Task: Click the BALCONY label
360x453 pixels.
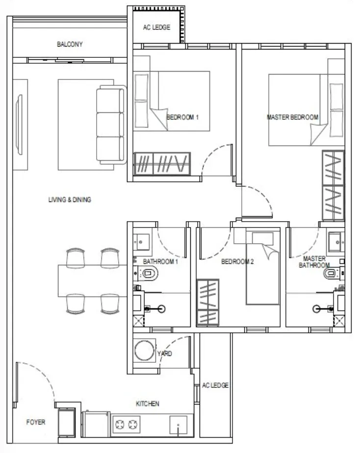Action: [70, 44]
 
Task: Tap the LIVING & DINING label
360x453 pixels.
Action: [70, 200]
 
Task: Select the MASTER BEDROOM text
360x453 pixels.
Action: [292, 117]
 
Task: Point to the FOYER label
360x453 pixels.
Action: [36, 422]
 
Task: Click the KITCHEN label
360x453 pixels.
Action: [147, 403]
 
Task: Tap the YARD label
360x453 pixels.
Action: [164, 353]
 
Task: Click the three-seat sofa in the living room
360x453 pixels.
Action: [111, 125]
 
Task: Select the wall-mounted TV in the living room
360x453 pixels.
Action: [19, 125]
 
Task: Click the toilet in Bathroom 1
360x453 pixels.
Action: [148, 273]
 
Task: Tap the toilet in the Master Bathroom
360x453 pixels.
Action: [333, 273]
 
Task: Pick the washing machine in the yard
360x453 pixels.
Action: [145, 351]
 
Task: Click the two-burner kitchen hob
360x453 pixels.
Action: [126, 425]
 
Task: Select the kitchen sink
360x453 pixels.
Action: [178, 425]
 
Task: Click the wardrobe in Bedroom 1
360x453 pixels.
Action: [162, 164]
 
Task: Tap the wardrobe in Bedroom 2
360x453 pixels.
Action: [208, 302]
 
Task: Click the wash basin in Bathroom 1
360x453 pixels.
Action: [141, 242]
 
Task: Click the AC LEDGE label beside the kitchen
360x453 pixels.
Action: [215, 385]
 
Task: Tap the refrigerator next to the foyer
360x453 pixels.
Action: [67, 422]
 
